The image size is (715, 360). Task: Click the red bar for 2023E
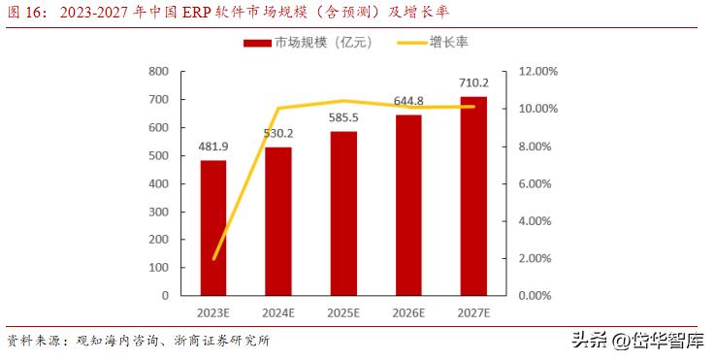pyautogui.click(x=213, y=228)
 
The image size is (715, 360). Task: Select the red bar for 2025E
pyautogui.click(x=343, y=213)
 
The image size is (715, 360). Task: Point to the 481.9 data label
pyautogui.click(x=214, y=147)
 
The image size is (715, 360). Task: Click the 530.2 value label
pyautogui.click(x=278, y=134)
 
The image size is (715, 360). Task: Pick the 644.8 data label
pyautogui.click(x=408, y=100)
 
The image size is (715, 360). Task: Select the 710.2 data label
pyautogui.click(x=473, y=82)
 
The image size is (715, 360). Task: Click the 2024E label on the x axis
pyautogui.click(x=278, y=313)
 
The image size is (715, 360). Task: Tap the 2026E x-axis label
pyautogui.click(x=408, y=313)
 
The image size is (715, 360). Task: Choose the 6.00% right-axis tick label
pyautogui.click(x=538, y=183)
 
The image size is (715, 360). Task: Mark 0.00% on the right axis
pyautogui.click(x=538, y=295)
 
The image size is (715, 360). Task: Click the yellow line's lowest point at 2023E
pyautogui.click(x=213, y=258)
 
